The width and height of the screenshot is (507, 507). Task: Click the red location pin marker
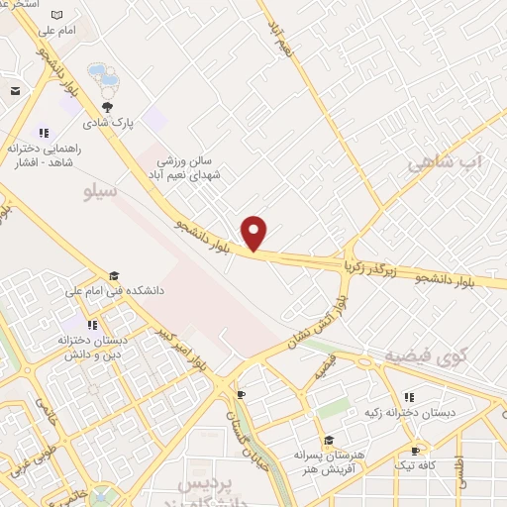click(254, 232)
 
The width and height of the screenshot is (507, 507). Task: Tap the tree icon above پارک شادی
click(107, 107)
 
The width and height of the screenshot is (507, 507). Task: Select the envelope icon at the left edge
click(15, 91)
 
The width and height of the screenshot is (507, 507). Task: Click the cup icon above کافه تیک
click(414, 451)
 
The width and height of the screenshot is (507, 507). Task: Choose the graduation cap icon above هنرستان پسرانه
click(328, 441)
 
